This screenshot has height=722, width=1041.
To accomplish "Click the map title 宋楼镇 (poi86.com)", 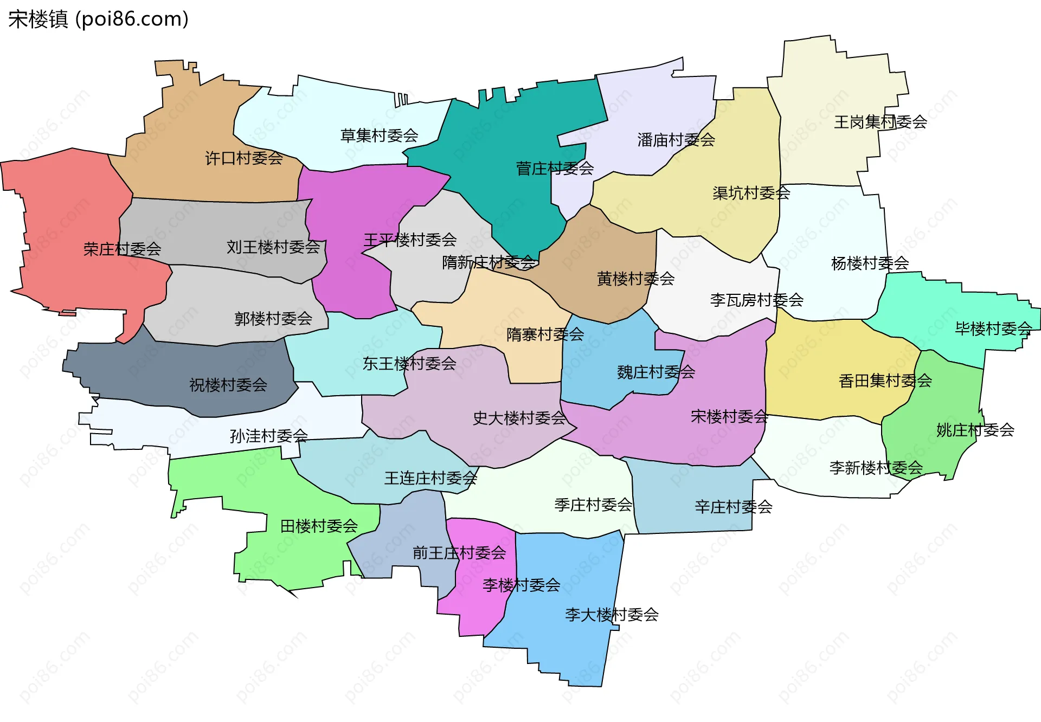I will click(98, 19).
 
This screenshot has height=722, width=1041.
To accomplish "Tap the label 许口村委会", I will click(244, 158).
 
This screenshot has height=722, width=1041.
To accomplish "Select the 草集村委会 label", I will click(379, 136).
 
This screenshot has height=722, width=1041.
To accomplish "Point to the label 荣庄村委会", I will click(122, 249).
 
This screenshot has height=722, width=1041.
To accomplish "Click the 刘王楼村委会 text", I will click(273, 247).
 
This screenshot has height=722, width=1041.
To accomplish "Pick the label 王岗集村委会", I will click(880, 122).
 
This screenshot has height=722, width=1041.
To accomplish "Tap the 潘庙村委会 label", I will click(676, 140).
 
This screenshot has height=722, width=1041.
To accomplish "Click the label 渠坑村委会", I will click(751, 193).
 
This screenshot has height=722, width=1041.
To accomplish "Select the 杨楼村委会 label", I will click(870, 263).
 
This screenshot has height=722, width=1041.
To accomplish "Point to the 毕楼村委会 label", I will click(993, 328).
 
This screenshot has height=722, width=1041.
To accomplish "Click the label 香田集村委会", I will click(885, 381).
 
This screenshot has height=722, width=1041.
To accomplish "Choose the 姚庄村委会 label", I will click(975, 430).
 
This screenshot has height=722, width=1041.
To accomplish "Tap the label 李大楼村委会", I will click(612, 615).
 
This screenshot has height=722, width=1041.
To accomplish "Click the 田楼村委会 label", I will click(319, 526).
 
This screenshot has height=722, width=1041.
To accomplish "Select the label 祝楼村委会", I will click(228, 385).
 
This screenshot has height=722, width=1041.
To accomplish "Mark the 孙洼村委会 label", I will click(268, 436).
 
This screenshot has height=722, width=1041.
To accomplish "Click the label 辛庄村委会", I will click(733, 507).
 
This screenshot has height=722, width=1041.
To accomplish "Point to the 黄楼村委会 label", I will click(635, 279).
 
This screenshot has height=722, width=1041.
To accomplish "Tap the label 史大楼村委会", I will click(519, 418).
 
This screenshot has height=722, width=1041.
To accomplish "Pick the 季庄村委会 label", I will click(593, 505).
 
